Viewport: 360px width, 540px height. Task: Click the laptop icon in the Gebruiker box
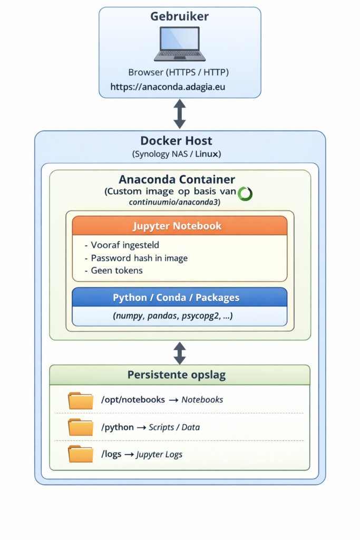click(x=180, y=44)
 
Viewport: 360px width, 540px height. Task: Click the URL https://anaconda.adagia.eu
click(x=168, y=86)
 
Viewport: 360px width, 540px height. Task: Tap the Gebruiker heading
click(x=180, y=16)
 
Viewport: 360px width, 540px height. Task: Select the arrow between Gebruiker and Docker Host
click(x=180, y=113)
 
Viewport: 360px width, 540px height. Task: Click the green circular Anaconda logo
click(x=245, y=194)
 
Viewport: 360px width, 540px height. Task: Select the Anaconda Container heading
click(x=177, y=180)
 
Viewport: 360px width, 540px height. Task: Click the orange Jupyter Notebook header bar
click(x=180, y=226)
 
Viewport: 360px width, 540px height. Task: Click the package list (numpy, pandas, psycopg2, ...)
click(x=173, y=316)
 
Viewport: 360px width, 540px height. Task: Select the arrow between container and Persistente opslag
click(x=180, y=353)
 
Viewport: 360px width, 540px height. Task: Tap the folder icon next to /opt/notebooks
click(x=81, y=400)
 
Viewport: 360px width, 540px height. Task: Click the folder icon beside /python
click(x=81, y=427)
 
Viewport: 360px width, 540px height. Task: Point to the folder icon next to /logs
click(x=81, y=454)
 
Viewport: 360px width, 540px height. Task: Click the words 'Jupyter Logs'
click(x=159, y=454)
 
